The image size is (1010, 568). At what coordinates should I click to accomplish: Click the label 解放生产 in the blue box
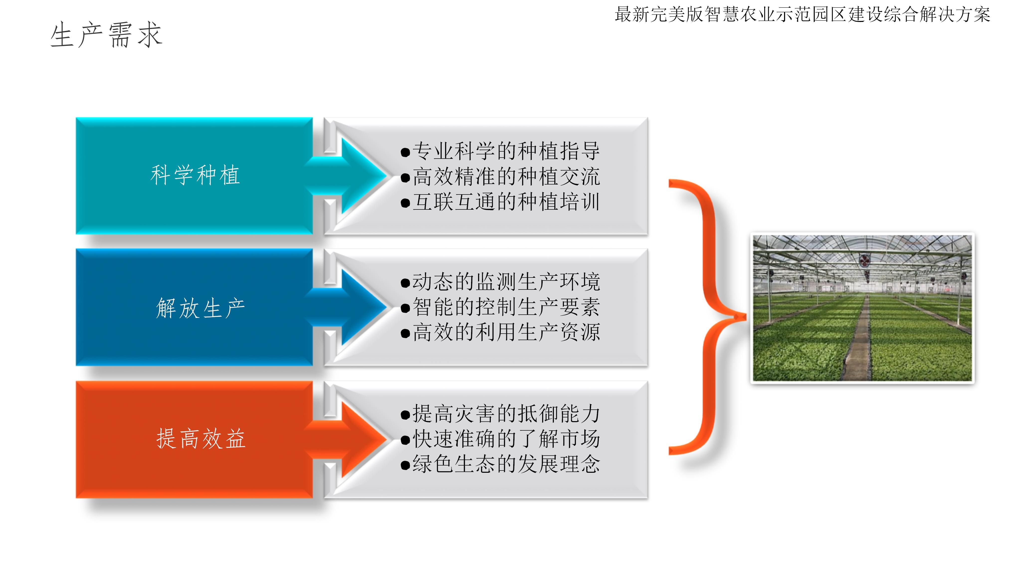[200, 308]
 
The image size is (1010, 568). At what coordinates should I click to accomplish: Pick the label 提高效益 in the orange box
[201, 438]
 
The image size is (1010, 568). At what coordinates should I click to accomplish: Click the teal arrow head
[363, 176]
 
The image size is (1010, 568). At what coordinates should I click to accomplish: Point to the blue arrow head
[363, 307]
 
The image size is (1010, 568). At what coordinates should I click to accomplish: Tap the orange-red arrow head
[363, 439]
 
